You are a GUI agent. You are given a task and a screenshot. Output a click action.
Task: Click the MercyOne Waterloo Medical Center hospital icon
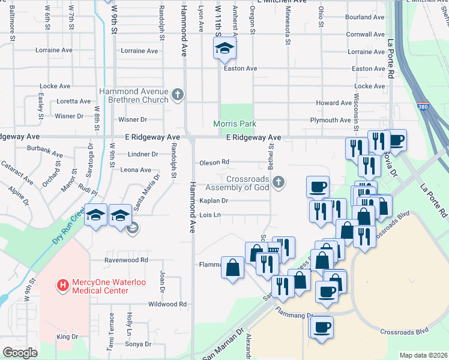coord(61,284)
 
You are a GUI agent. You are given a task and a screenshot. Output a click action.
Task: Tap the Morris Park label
coord(234,124)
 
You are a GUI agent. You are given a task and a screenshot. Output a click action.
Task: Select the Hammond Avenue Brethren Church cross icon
coord(177,94)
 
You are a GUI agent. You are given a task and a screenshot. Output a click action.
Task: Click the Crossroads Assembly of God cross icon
coord(278,182)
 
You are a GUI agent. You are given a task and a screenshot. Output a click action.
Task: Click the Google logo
coord(20,353)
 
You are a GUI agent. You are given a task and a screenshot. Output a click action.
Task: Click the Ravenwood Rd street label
coord(126,260)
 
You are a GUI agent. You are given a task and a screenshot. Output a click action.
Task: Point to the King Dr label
coord(67,337)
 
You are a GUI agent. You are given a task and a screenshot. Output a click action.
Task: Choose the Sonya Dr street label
coord(138,344)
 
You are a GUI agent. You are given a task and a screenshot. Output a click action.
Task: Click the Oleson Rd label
coord(214,162)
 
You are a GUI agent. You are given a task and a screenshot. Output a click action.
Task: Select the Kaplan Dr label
coord(214,200)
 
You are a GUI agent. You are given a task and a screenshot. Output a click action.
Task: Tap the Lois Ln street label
coord(210,215)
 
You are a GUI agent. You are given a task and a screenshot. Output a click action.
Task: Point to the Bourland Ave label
coord(366,17)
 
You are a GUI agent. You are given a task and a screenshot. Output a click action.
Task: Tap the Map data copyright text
coord(423,355)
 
